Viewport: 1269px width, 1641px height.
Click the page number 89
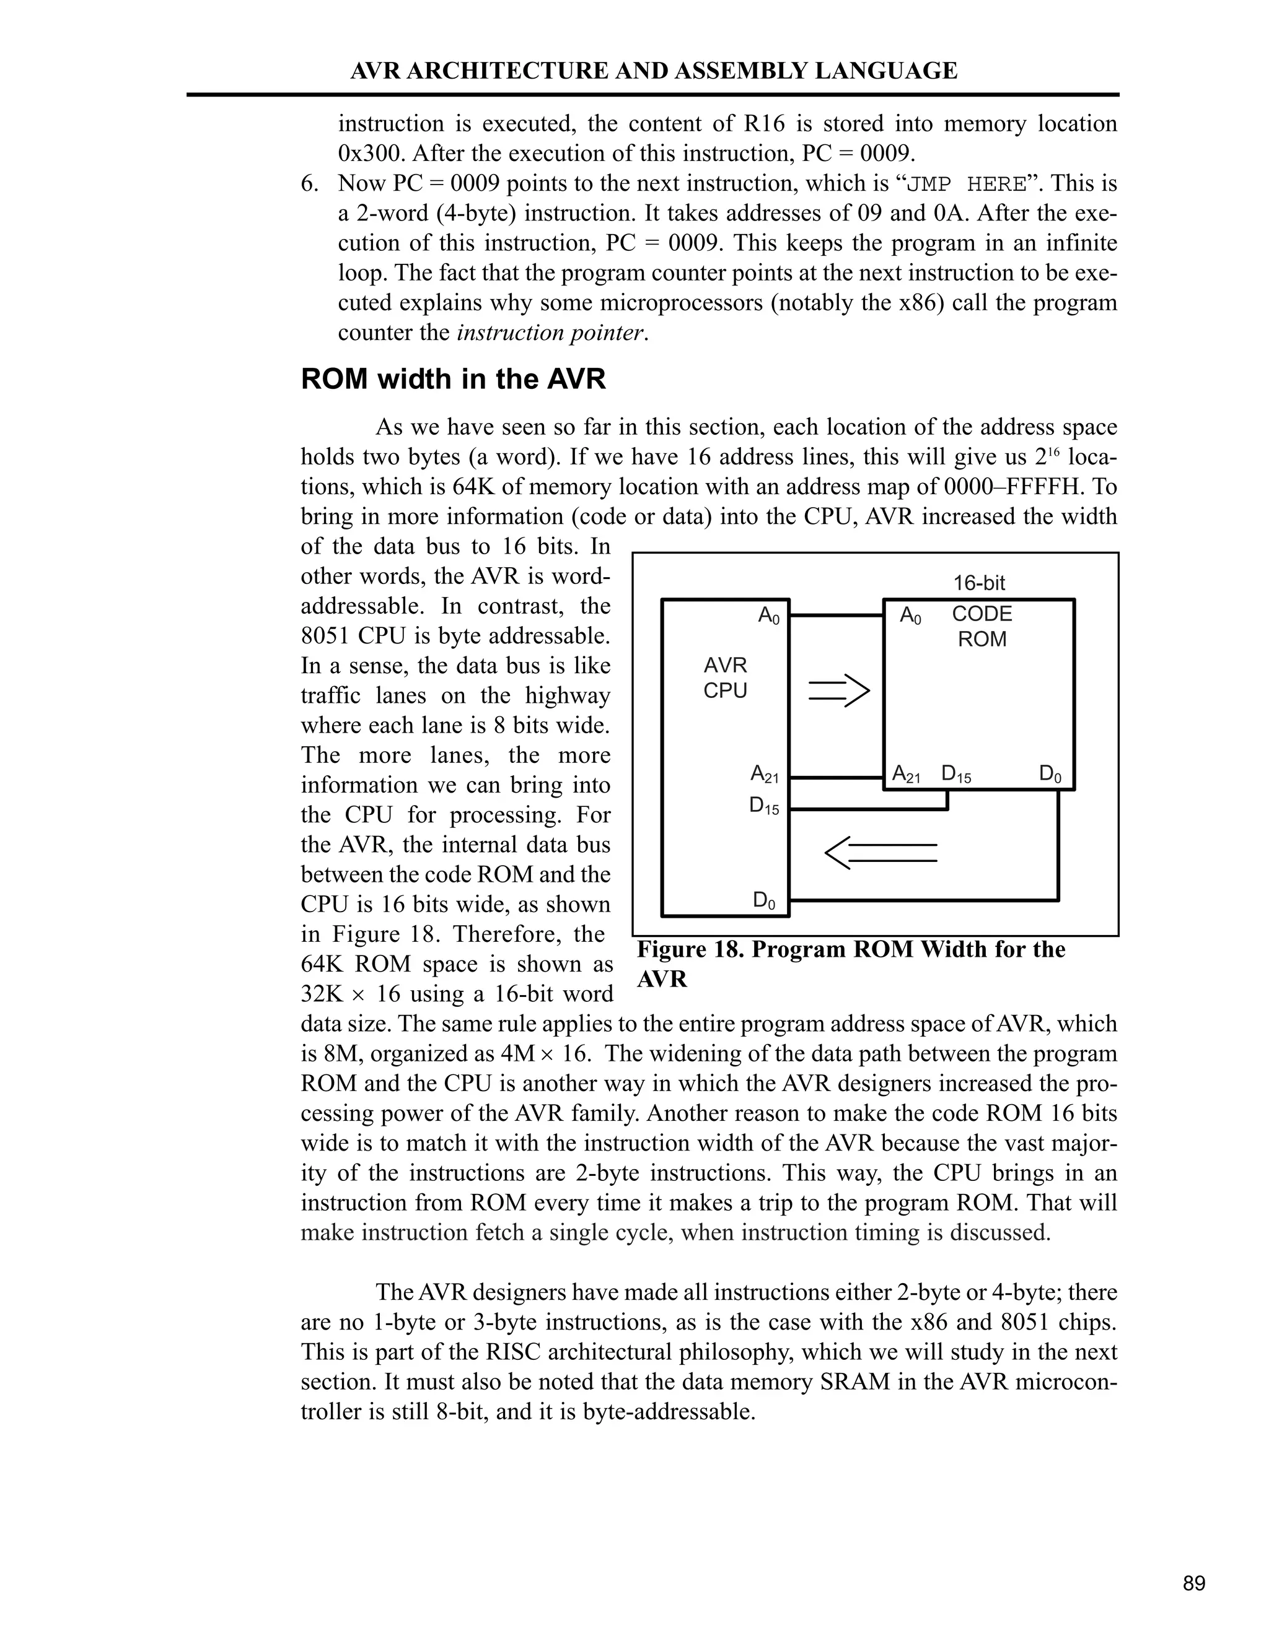coord(1194,1583)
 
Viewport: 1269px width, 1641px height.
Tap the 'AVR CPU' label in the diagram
coord(725,677)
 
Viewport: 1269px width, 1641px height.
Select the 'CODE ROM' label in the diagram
coord(982,627)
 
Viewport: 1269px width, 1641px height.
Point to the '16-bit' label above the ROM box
coord(979,583)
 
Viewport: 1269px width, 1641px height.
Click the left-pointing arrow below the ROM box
coord(881,853)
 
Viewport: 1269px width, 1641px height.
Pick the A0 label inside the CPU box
coord(768,616)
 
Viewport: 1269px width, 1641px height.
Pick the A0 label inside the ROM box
coord(910,616)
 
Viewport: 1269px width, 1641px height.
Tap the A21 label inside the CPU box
coord(765,774)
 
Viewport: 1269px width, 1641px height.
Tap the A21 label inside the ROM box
coord(906,774)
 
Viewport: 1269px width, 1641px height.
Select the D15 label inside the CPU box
coord(764,806)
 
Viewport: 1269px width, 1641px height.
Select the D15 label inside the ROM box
coord(955,774)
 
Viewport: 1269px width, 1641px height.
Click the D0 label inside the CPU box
coord(764,900)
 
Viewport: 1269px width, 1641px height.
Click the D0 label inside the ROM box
coord(1050,774)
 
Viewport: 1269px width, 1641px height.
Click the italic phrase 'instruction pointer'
coord(550,333)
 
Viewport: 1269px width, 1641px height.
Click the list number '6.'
coord(310,184)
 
